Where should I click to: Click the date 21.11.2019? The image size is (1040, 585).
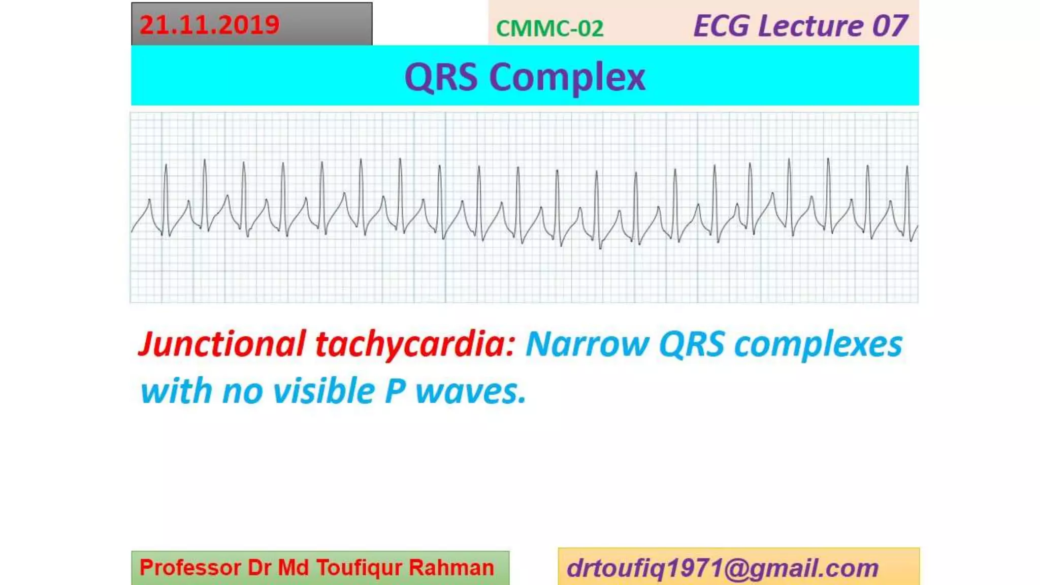click(x=209, y=25)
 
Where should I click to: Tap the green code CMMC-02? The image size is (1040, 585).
click(x=549, y=28)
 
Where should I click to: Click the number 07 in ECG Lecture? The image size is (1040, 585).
click(x=890, y=26)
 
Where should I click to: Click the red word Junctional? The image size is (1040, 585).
click(x=222, y=344)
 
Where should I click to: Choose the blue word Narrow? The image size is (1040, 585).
click(x=587, y=344)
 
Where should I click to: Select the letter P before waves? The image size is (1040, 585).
click(x=395, y=392)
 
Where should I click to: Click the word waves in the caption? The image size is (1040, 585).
click(x=470, y=392)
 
